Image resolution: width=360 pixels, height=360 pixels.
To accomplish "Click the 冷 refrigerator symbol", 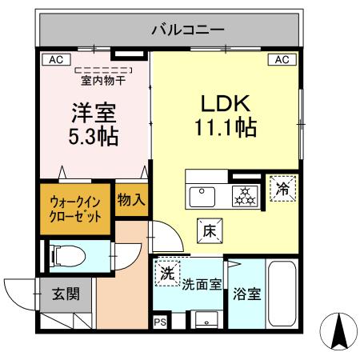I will pos(282,190).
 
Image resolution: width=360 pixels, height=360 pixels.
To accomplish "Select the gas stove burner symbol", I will pos(242,195).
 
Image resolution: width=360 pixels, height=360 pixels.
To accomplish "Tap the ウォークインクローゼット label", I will pos(75,209).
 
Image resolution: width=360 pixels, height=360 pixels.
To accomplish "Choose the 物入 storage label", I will pos(130,200).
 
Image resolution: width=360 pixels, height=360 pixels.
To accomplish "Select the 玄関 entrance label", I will pos(66,294).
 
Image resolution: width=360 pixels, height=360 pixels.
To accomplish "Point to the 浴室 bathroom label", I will pos(246,294).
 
